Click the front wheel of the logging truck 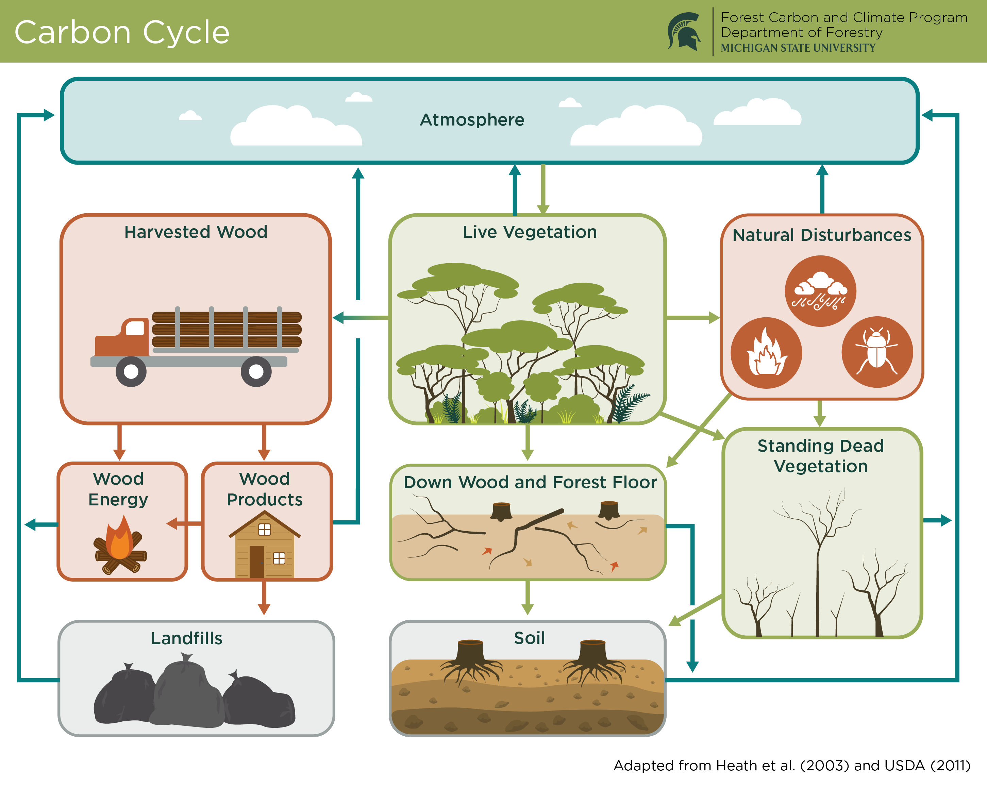[131, 371]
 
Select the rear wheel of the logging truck [256, 371]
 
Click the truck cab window [135, 328]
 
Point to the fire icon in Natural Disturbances [766, 353]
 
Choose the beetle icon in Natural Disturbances [877, 352]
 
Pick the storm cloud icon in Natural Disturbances [820, 291]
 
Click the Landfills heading [186, 638]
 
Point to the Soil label [529, 638]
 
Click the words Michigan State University [798, 48]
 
